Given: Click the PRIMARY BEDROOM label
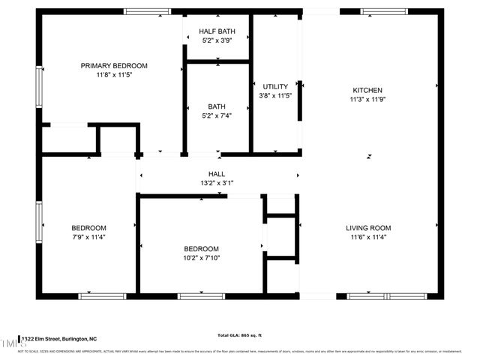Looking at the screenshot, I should click(114, 66).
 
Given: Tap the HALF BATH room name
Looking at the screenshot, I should click(217, 31).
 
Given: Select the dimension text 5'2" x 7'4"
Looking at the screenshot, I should click(217, 115).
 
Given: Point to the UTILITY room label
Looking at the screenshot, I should click(275, 87).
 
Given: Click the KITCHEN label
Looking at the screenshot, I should click(367, 89).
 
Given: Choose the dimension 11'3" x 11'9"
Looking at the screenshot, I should click(367, 99).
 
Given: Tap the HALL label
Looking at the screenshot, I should click(217, 174).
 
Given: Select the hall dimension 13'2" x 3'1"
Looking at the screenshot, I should click(217, 183).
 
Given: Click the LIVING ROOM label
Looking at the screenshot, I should click(368, 228).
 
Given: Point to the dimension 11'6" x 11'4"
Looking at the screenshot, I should click(368, 237).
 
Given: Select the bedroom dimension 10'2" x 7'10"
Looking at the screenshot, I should click(202, 258).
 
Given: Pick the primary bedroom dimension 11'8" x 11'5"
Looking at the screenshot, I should click(114, 75).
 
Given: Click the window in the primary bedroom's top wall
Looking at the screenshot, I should click(147, 11).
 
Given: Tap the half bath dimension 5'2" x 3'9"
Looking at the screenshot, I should click(217, 40).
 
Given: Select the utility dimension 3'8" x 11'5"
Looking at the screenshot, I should click(275, 96).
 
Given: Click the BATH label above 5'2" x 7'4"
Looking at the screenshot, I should click(217, 106).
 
